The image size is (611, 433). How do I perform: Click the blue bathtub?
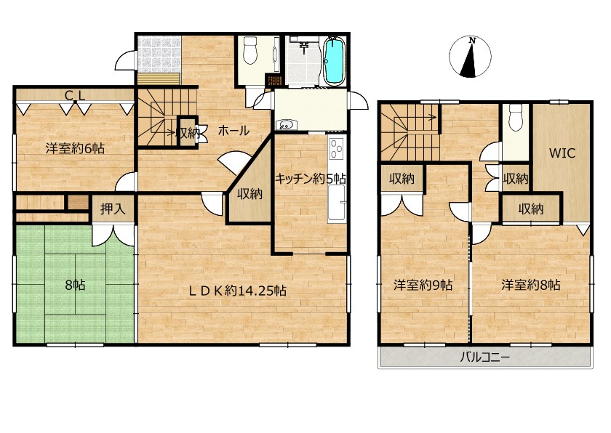[335, 61]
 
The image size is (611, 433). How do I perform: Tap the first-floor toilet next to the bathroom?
[249, 50]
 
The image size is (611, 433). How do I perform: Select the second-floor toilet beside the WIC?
[515, 118]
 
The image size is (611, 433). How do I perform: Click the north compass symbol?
[470, 56]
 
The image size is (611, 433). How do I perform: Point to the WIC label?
[562, 153]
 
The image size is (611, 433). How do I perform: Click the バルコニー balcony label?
[484, 357]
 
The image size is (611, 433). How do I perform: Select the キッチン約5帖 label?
[310, 179]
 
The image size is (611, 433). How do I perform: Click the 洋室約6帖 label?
[75, 148]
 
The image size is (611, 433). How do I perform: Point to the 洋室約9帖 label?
[423, 286]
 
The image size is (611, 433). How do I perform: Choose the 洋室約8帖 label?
[531, 286]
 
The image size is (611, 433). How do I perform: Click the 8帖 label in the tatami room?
[75, 286]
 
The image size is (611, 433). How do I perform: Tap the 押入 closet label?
[113, 209]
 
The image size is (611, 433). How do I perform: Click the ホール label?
[233, 131]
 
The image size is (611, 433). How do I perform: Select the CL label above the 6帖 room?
[75, 95]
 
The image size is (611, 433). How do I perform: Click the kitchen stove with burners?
[337, 149]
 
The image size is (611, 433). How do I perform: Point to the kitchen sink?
[337, 202]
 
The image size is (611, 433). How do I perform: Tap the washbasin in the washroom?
[287, 125]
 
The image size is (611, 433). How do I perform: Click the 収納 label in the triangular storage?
[249, 194]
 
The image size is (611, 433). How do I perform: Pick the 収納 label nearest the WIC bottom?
[531, 209]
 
